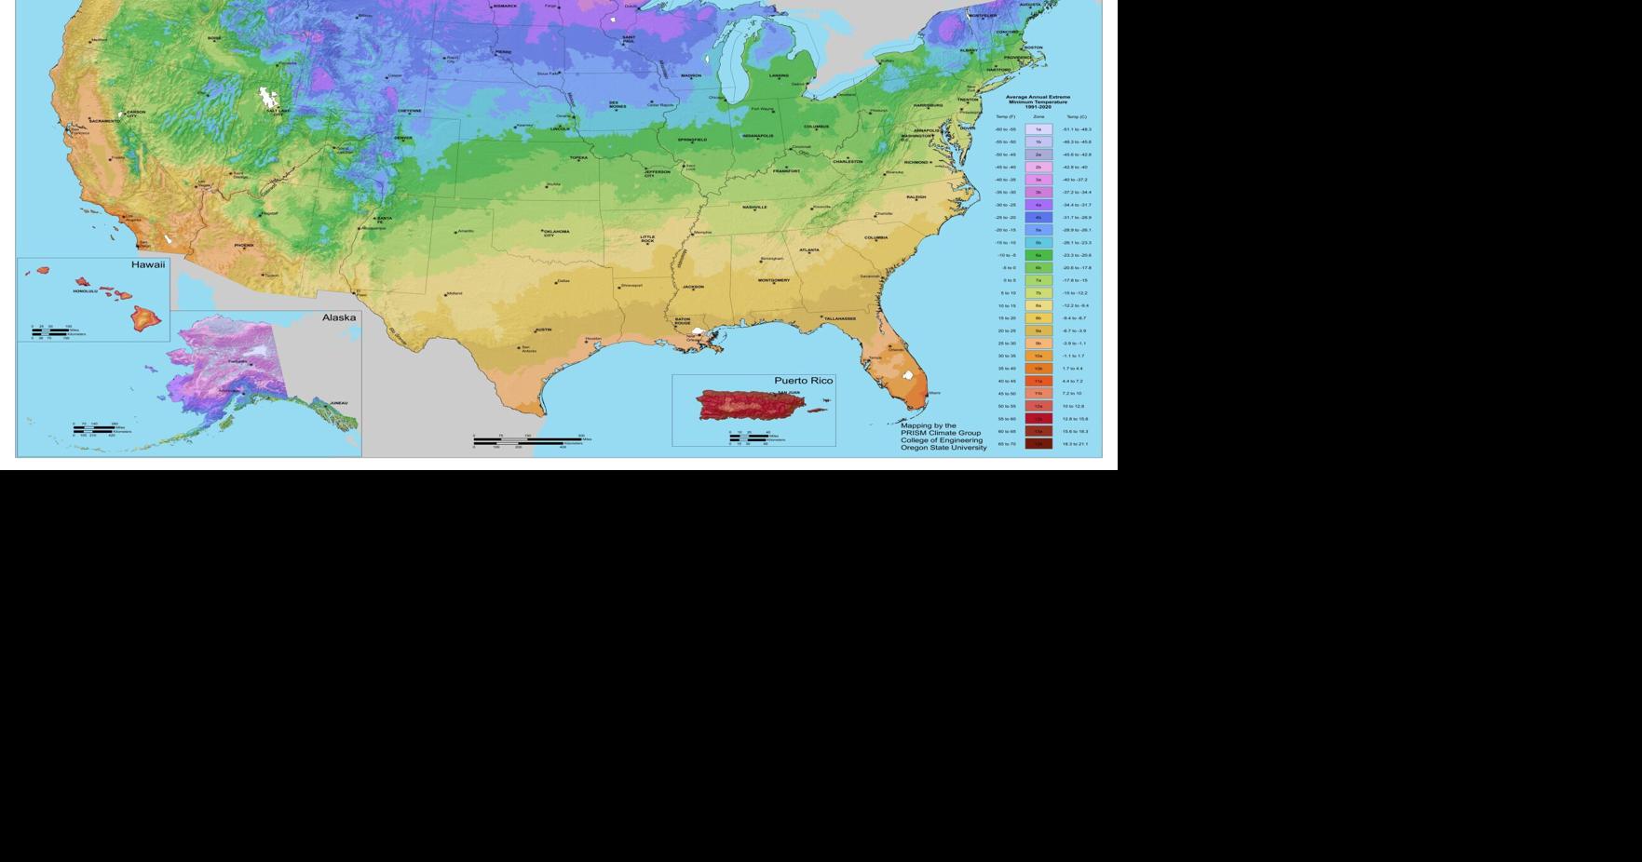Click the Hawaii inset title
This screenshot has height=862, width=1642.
click(x=148, y=265)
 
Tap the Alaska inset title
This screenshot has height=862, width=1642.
click(x=339, y=317)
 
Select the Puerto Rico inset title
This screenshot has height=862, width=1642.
click(x=804, y=381)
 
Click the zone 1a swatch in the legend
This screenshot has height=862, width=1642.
click(x=1038, y=129)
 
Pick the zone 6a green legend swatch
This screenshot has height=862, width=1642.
click(x=1038, y=255)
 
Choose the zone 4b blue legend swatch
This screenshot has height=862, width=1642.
click(x=1038, y=217)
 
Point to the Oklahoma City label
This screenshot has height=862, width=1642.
click(x=556, y=233)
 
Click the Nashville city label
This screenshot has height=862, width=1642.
click(x=754, y=208)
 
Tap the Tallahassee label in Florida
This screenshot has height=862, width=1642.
click(x=839, y=318)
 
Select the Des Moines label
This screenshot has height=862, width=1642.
click(x=617, y=105)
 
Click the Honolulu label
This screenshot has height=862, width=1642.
click(x=85, y=290)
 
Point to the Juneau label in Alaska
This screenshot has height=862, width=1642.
click(x=339, y=403)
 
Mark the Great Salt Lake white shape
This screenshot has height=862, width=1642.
click(x=268, y=96)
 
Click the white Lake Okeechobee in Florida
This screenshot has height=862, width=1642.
click(x=908, y=375)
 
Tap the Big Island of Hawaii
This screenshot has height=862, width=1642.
click(x=145, y=319)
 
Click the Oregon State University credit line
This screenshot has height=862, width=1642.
click(x=943, y=448)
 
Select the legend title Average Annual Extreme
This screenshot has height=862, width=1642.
click(x=1038, y=97)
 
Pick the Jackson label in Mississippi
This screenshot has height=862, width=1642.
click(x=693, y=287)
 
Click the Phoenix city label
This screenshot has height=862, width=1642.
click(x=244, y=246)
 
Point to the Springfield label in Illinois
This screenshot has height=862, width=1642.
click(x=692, y=140)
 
